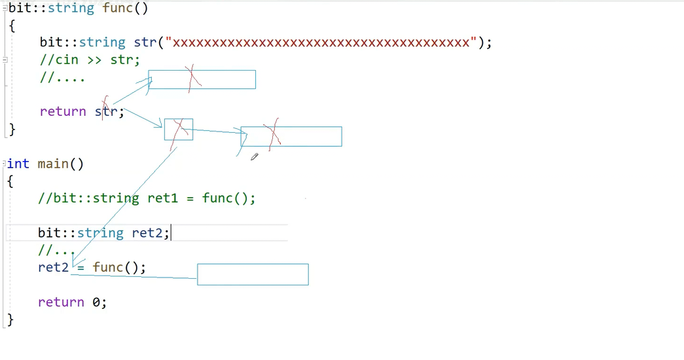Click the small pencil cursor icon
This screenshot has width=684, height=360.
(254, 156)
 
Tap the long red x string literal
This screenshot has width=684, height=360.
(321, 43)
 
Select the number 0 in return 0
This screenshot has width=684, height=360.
(96, 302)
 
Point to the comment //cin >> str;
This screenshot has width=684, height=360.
(90, 60)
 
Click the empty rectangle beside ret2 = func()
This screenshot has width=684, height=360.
(253, 274)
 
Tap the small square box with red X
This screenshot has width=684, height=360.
(179, 129)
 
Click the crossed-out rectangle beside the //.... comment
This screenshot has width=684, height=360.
(202, 79)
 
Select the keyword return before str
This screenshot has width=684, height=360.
(63, 111)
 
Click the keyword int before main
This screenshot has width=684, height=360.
(18, 164)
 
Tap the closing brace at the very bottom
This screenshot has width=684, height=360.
(10, 319)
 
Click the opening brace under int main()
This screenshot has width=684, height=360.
(10, 181)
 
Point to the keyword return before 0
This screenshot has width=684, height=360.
(61, 302)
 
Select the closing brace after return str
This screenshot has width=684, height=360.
(11, 129)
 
